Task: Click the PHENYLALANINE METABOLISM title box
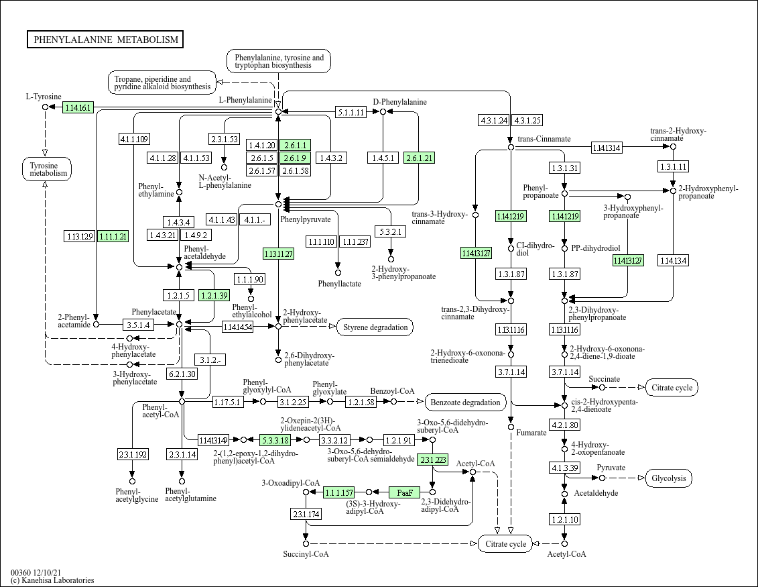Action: (105, 39)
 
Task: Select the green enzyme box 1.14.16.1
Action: (78, 107)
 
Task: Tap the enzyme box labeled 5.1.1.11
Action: (351, 112)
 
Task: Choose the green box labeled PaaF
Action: (405, 492)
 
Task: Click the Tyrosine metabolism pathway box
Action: (46, 169)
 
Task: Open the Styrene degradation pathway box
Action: (375, 327)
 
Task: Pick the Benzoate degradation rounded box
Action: (465, 402)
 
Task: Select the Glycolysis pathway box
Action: (669, 478)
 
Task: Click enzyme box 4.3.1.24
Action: (493, 121)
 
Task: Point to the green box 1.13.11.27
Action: (278, 254)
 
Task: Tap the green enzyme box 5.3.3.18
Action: (275, 440)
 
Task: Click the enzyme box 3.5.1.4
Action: (138, 325)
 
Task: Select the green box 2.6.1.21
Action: (419, 158)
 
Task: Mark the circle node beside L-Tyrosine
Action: (46, 107)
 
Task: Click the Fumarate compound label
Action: (531, 433)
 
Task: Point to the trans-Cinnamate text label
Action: (544, 139)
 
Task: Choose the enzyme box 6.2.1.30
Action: (182, 374)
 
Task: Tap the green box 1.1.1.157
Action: (339, 492)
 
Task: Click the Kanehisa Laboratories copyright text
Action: (52, 580)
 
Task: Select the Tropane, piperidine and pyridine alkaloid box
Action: (162, 83)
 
